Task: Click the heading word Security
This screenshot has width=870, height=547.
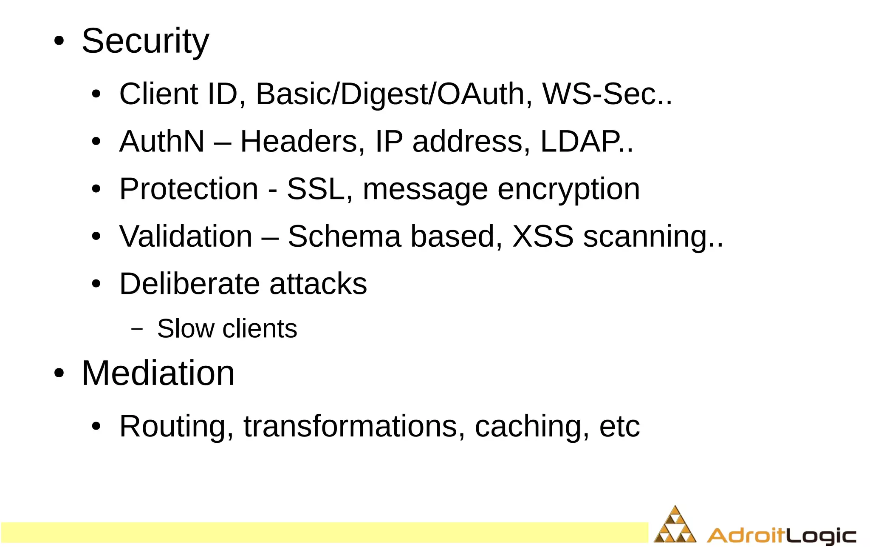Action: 145,42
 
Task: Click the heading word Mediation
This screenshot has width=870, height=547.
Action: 158,373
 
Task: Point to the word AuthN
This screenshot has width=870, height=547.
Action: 162,142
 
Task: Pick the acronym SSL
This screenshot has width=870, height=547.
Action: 316,189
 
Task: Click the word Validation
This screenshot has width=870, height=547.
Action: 186,236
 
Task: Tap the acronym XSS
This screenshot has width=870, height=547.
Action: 543,236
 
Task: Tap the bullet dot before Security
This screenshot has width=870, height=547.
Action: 59,42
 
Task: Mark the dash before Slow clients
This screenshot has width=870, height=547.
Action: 137,329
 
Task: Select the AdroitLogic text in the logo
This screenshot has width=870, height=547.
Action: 782,535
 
